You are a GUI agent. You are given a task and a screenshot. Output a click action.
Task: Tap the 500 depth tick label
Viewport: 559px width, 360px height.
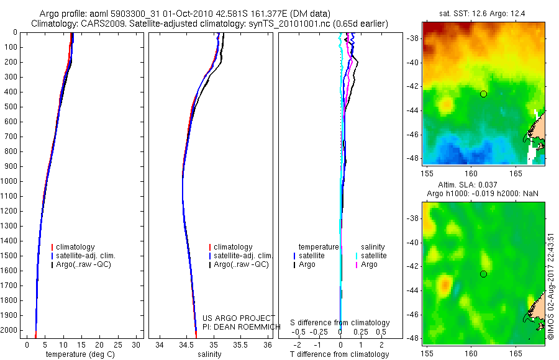pos(10,107)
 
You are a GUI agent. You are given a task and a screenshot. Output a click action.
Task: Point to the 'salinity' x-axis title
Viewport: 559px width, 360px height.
pos(209,354)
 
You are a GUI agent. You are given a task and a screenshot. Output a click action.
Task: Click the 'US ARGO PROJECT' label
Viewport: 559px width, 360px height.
pos(239,318)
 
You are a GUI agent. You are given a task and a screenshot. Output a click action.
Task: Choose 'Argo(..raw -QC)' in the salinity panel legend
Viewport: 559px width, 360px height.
pos(241,264)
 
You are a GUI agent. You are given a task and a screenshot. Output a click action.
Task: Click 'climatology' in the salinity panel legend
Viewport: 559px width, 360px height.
pos(233,247)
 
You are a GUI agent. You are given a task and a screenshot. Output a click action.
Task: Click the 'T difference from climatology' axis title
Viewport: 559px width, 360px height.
pos(339,354)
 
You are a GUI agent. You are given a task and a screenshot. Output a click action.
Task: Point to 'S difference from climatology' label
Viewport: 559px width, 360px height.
pos(340,323)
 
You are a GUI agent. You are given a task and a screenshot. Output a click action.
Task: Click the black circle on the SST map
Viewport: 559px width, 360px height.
pos(484,94)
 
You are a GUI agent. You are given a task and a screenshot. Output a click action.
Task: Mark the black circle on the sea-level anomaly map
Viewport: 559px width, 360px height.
pos(484,274)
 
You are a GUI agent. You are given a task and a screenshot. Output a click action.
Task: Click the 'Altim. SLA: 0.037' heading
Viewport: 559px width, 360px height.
pos(476,186)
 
